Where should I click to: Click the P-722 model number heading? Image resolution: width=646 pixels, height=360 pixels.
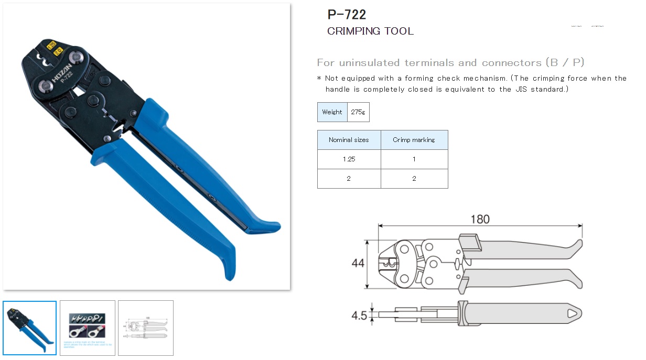point(347,14)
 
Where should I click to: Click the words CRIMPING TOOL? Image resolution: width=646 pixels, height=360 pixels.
point(370,31)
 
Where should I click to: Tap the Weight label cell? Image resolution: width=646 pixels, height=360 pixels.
point(332,112)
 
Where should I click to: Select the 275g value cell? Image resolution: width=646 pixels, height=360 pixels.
point(358,112)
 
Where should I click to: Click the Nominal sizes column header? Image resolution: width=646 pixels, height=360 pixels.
point(349,140)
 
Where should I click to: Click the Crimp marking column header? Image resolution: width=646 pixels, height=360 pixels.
point(414,140)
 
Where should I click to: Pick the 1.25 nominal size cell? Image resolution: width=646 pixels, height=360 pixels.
point(349,159)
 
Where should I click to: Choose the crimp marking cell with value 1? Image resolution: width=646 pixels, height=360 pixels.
point(414,159)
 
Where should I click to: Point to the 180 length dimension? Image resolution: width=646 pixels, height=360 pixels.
point(480,219)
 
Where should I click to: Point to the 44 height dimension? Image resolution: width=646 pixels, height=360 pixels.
point(358,264)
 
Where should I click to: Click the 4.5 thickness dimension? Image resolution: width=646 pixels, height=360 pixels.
point(359,316)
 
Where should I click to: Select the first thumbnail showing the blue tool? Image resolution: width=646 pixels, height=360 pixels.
point(30,328)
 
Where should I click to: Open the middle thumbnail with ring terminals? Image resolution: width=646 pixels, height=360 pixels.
point(88,328)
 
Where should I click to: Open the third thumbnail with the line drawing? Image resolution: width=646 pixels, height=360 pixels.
point(145,328)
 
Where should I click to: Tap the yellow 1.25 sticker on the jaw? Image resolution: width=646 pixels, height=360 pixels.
point(51,45)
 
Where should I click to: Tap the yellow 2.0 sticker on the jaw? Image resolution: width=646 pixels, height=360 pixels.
point(58,51)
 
